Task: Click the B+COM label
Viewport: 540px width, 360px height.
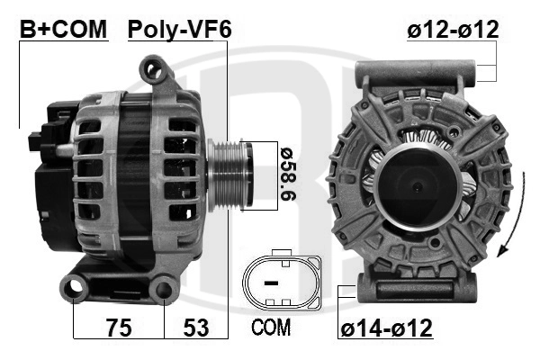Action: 63,29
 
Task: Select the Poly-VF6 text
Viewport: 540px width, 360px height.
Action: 179,29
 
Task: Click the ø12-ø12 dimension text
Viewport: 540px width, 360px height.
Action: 453,29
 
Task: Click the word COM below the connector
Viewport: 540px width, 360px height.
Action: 271,328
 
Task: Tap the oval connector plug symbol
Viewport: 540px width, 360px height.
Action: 282,281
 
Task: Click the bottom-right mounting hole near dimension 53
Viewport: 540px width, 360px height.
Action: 164,289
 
